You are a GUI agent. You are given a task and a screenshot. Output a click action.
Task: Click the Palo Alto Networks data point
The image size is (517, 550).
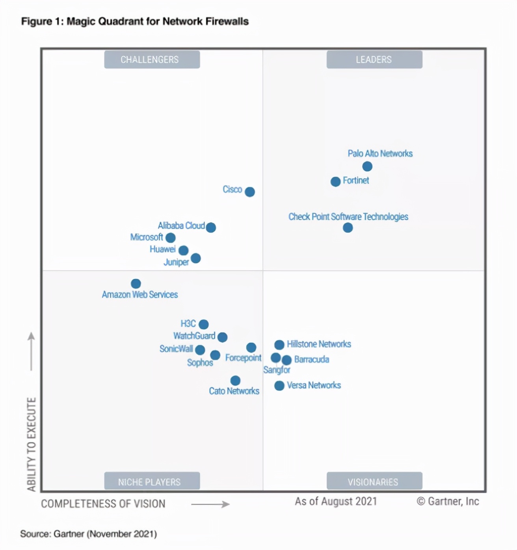(x=367, y=166)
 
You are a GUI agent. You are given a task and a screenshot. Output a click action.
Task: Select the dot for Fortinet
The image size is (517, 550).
(x=335, y=181)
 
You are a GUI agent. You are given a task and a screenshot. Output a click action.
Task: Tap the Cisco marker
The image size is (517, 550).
(x=250, y=192)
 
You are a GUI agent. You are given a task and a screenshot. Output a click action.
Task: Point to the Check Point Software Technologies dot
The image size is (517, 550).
(x=348, y=228)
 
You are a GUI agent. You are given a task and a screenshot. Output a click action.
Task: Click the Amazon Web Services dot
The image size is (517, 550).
(x=136, y=284)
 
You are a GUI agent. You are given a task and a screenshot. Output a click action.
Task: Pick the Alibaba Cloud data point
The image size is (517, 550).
(x=211, y=227)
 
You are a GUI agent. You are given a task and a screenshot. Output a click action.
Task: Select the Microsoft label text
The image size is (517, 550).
(x=146, y=237)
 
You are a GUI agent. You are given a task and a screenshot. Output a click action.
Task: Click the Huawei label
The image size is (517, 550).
(x=162, y=249)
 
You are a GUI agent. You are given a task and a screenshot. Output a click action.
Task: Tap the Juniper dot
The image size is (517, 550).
(x=196, y=258)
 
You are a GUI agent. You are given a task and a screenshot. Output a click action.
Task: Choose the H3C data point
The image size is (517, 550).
(x=204, y=324)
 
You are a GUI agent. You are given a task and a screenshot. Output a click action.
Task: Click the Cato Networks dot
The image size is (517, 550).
(x=235, y=380)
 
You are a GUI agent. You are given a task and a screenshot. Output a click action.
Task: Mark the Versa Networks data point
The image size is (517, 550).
(x=279, y=386)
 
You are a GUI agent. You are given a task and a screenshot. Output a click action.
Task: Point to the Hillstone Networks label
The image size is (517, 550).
(x=319, y=344)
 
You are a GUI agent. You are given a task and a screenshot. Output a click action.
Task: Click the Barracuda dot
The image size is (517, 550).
(x=287, y=360)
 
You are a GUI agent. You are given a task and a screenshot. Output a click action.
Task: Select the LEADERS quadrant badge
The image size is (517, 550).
(x=374, y=59)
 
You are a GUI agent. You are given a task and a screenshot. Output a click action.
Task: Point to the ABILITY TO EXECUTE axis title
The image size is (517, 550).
(x=32, y=444)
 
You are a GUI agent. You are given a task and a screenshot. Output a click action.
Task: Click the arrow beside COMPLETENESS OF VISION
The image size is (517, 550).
(x=210, y=504)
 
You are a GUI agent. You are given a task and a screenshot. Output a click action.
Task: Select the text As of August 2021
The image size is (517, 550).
(x=336, y=502)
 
